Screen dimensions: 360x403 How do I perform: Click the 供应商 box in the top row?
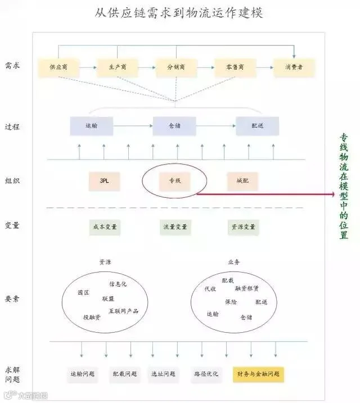click(x=58, y=67)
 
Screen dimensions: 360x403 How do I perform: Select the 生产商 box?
click(x=118, y=67)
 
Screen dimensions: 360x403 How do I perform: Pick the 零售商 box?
click(x=235, y=67)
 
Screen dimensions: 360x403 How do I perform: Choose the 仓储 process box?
click(x=174, y=126)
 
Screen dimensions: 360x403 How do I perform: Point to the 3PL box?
click(x=105, y=181)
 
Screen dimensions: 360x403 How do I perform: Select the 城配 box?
click(x=242, y=181)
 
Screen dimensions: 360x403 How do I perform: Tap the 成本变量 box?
click(x=104, y=227)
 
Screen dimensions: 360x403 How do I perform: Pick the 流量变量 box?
click(x=175, y=227)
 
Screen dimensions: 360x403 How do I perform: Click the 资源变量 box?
click(x=243, y=227)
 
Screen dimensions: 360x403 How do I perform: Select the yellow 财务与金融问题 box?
click(x=258, y=374)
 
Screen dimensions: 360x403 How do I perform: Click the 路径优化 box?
click(x=206, y=374)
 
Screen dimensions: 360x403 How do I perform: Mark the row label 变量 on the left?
click(x=12, y=226)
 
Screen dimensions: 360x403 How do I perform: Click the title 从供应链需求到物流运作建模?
click(x=178, y=12)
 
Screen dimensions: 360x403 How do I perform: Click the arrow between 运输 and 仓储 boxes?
click(x=133, y=126)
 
